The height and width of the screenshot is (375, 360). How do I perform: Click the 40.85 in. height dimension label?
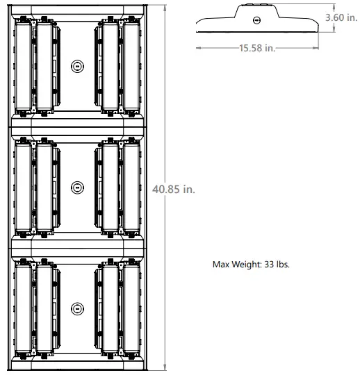[173, 190]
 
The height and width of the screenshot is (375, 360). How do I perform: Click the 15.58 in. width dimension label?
[256, 47]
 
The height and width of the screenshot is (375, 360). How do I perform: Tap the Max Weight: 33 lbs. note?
[250, 265]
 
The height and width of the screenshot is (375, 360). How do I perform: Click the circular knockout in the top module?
[76, 66]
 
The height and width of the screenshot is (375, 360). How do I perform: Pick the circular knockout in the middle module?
[76, 187]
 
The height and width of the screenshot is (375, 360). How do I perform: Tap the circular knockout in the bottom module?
[76, 308]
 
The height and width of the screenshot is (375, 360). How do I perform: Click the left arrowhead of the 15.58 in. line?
[199, 47]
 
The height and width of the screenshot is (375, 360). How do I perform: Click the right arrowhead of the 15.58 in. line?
[318, 47]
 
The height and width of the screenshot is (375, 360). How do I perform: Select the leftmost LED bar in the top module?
[25, 66]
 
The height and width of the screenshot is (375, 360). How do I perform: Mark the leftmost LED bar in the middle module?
[25, 187]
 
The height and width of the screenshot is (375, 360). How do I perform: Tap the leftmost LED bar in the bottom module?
[25, 308]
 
